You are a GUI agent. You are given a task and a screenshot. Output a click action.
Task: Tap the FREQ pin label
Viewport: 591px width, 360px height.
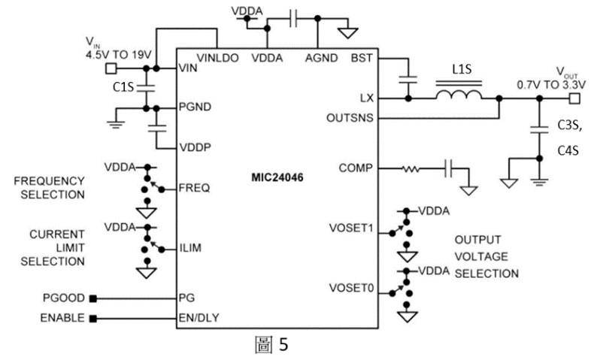194,187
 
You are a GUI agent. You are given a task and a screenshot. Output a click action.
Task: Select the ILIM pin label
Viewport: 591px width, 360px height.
191,247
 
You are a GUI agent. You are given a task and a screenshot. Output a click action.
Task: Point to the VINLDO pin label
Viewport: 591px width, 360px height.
217,57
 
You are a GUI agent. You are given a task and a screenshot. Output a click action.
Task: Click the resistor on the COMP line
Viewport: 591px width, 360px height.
411,168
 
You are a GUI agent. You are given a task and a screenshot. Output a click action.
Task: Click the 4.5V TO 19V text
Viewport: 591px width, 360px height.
120,54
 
